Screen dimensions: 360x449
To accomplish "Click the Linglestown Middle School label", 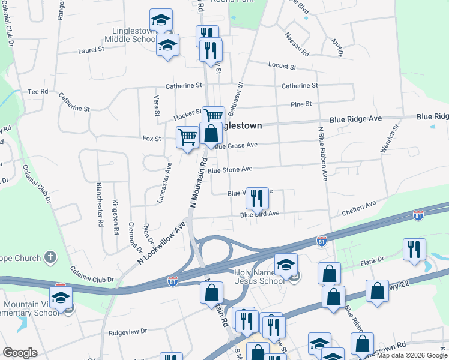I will pyautogui.click(x=130, y=35).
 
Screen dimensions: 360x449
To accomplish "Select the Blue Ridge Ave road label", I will pyautogui.click(x=355, y=119).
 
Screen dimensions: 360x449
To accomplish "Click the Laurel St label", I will pyautogui.click(x=91, y=50).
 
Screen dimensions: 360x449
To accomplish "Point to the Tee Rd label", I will pyautogui.click(x=37, y=92).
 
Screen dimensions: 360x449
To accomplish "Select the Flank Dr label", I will pyautogui.click(x=372, y=260).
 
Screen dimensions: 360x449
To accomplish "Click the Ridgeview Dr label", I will pyautogui.click(x=128, y=331).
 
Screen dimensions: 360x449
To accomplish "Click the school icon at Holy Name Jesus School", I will pyautogui.click(x=286, y=263).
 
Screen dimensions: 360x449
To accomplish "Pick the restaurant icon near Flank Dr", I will pyautogui.click(x=414, y=248).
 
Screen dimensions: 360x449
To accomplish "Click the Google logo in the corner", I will pyautogui.click(x=20, y=353).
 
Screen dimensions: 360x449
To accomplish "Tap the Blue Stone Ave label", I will pyautogui.click(x=230, y=170).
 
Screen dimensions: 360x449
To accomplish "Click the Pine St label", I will pyautogui.click(x=301, y=104).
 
